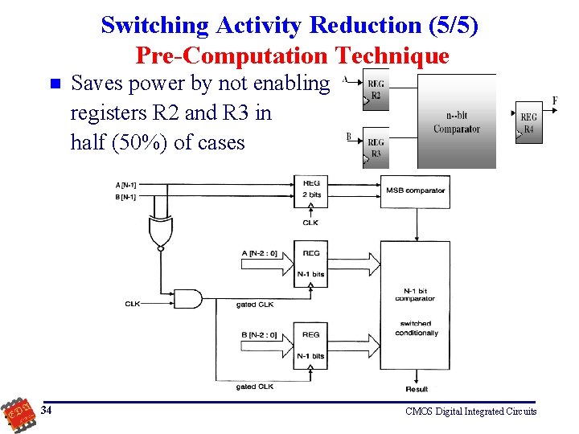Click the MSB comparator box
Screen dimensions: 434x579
pos(415,191)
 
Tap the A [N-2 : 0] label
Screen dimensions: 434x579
pos(259,253)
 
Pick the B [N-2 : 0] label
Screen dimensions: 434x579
pos(259,334)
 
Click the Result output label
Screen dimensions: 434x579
pos(417,389)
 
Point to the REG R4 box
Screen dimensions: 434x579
pos(528,123)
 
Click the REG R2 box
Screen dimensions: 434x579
pos(376,89)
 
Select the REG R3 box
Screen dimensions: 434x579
pos(376,147)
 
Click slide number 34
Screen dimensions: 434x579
pos(47,411)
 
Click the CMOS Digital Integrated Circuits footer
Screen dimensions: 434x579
pos(470,411)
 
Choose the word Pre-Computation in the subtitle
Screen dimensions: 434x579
pos(231,55)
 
